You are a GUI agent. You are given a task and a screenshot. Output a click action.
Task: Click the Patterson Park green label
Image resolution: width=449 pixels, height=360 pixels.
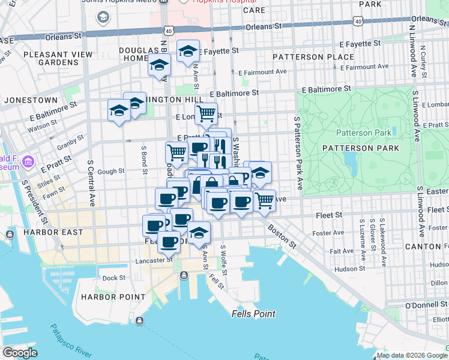(364, 133)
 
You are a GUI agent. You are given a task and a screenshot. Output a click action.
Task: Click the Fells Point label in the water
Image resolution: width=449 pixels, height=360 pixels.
(253, 314)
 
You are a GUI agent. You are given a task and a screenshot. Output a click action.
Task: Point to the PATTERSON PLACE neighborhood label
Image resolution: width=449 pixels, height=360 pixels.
(304, 57)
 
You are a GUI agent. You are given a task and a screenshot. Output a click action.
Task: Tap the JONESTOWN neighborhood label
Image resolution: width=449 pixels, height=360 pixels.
(29, 100)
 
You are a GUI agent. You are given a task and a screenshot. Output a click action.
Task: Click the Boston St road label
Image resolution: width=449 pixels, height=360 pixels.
(282, 236)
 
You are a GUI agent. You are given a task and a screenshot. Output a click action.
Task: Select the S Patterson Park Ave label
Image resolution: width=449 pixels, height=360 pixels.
(297, 153)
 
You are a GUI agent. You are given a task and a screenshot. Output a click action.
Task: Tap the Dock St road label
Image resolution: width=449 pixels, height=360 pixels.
(113, 278)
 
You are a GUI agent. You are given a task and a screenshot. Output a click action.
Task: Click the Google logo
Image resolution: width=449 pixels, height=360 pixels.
(20, 353)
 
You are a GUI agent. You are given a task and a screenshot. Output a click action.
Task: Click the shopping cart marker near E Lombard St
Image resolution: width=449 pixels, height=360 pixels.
(206, 112)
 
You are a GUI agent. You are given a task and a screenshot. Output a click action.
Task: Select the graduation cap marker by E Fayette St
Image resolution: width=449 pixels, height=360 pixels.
(188, 51)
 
